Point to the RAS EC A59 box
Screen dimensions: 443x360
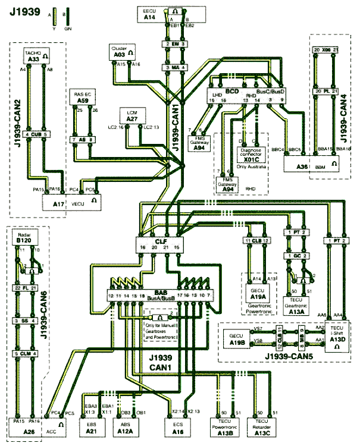click(82, 98)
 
